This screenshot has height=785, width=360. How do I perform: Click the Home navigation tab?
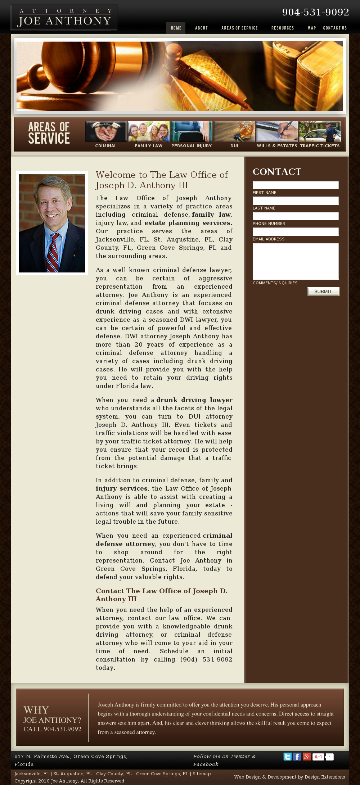(176, 28)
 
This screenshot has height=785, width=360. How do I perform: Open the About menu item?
(201, 28)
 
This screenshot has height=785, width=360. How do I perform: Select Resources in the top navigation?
(283, 28)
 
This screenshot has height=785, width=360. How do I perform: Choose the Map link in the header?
(311, 28)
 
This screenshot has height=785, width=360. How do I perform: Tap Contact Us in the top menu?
(335, 28)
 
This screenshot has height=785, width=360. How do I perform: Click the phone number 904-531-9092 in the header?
(315, 12)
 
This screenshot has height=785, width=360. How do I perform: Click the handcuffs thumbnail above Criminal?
(106, 132)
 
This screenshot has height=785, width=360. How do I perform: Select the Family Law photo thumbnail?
(149, 132)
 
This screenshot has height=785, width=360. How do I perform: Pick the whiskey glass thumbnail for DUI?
(234, 132)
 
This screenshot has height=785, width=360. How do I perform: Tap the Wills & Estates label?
(277, 146)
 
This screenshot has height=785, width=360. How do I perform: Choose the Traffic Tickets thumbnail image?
(320, 132)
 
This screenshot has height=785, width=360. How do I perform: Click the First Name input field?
(296, 185)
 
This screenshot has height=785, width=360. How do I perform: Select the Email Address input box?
(296, 231)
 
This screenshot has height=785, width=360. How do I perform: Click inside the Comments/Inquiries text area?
(296, 261)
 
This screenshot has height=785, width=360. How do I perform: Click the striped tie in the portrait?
(53, 252)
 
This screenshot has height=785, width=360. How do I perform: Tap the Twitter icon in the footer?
(287, 757)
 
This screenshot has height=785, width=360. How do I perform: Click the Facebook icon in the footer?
(297, 757)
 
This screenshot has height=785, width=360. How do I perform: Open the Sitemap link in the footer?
(202, 773)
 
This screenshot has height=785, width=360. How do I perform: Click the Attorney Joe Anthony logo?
(64, 17)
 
